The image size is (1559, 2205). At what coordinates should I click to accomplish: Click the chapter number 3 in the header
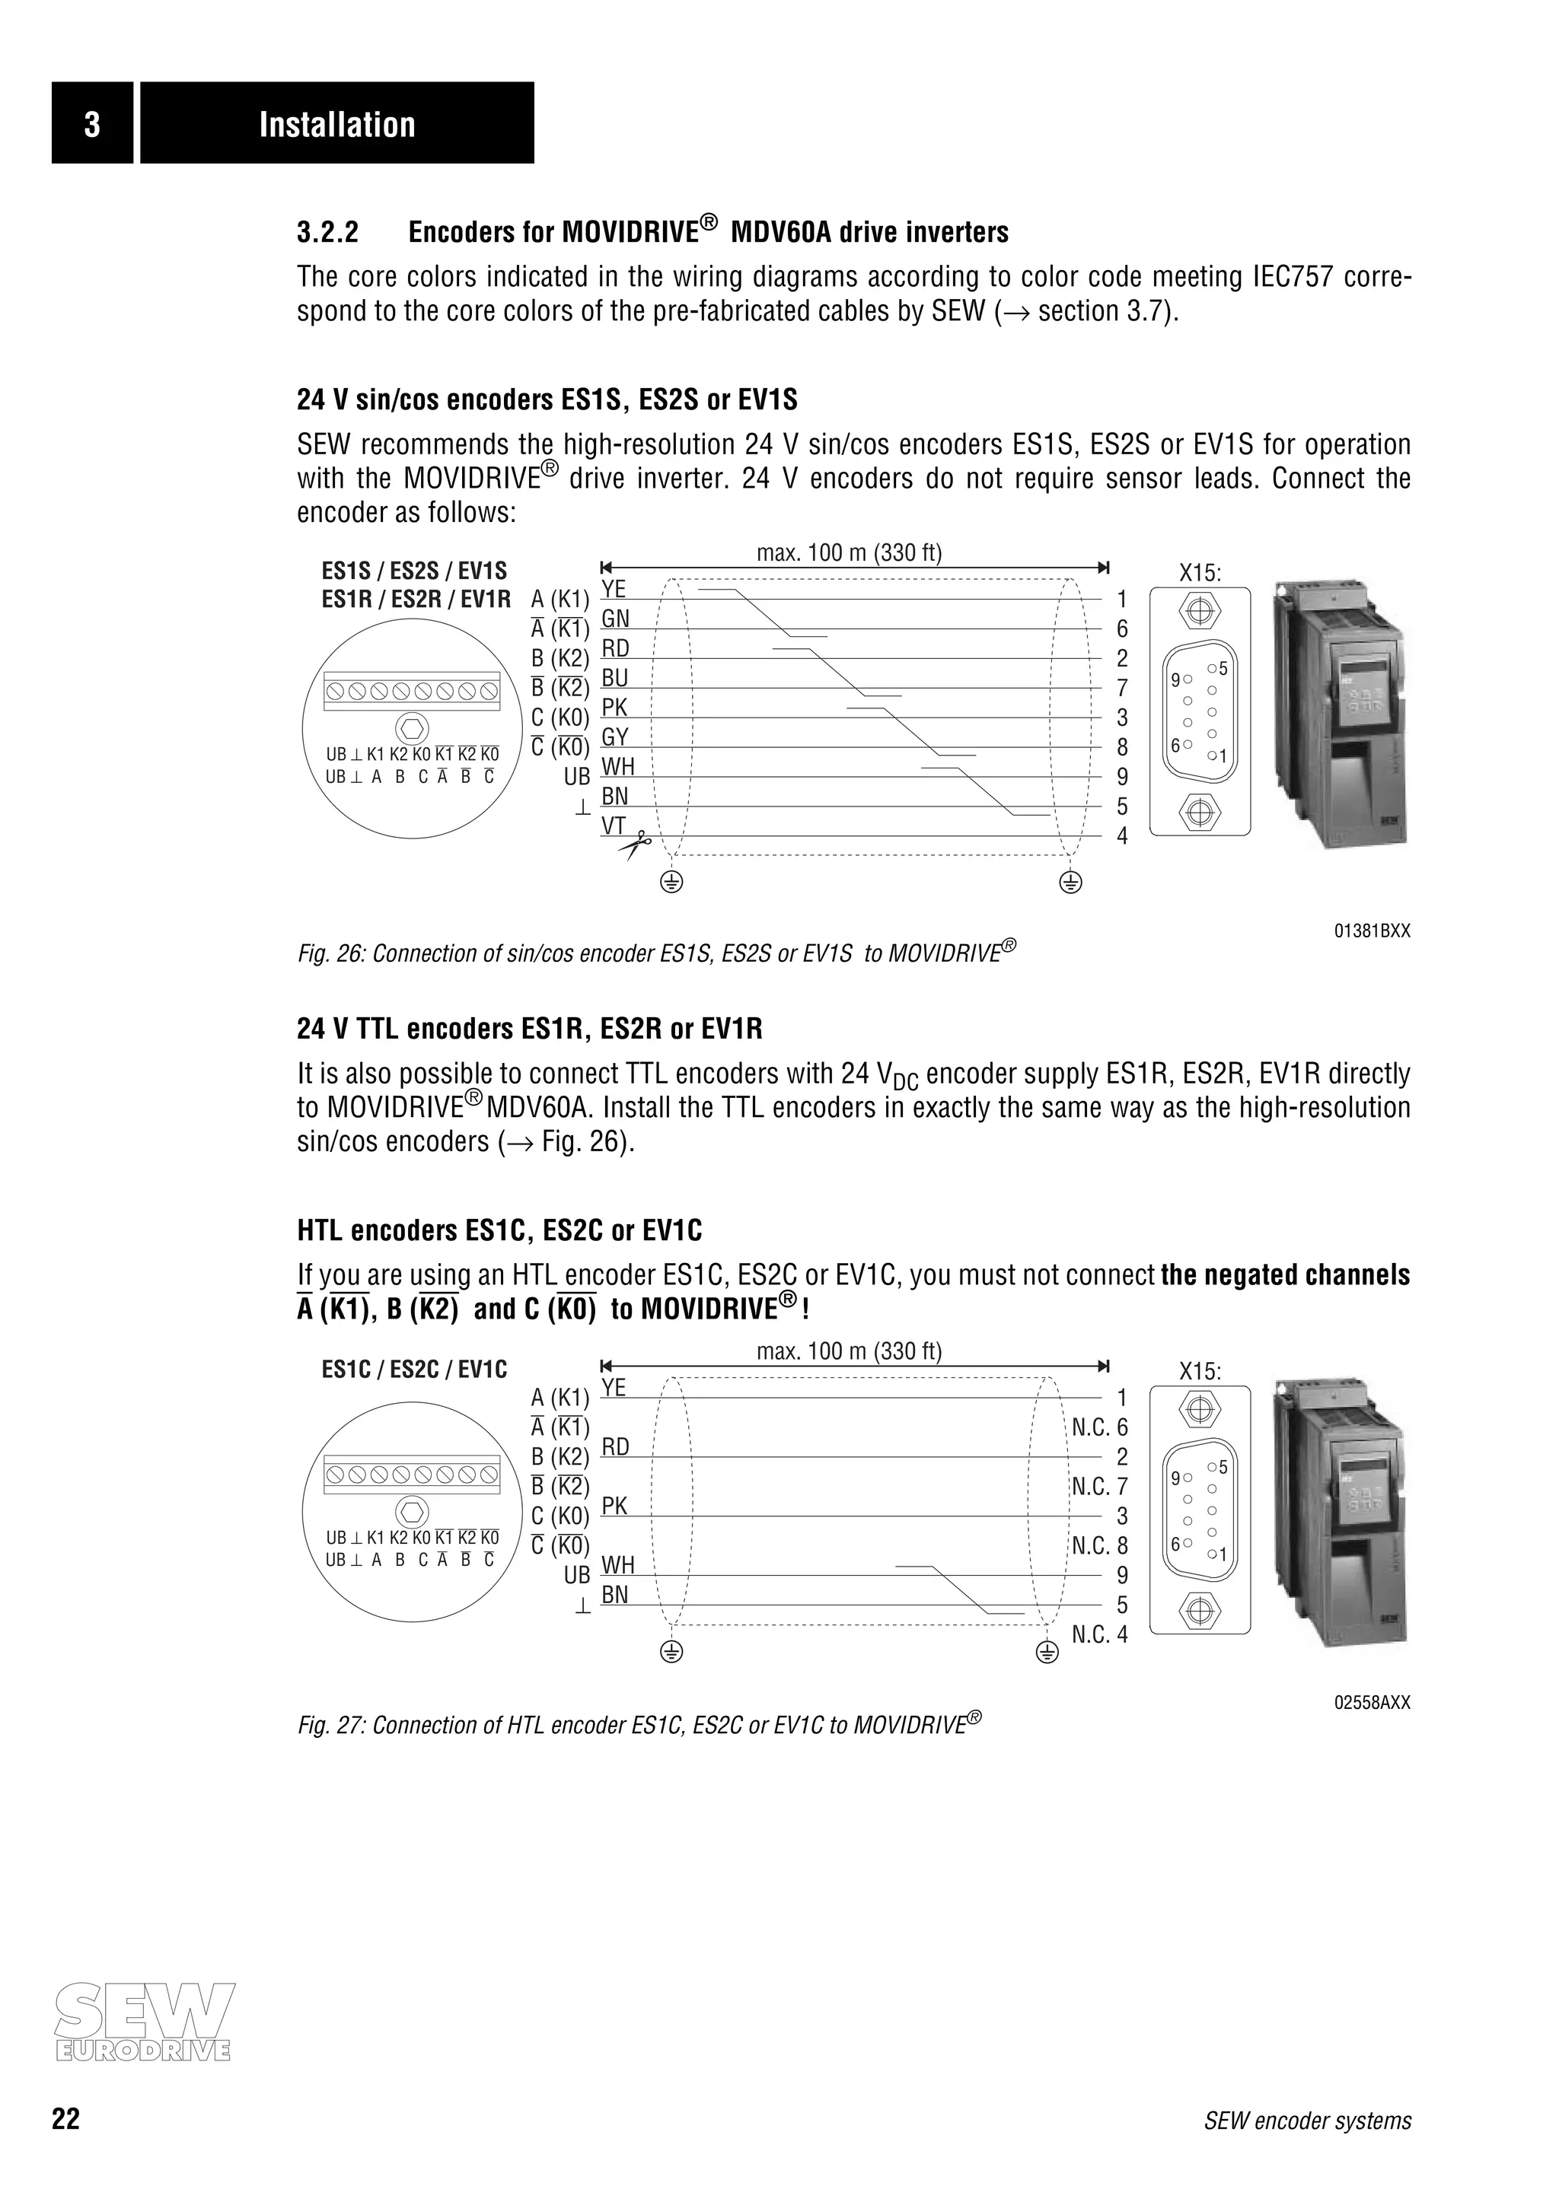91,124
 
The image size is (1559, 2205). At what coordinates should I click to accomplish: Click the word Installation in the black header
336,124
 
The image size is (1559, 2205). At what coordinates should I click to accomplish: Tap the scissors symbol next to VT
634,846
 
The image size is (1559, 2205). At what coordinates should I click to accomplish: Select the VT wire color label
614,826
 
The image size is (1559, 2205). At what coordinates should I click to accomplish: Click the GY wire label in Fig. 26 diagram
615,737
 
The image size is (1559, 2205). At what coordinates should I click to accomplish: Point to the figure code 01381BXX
1372,931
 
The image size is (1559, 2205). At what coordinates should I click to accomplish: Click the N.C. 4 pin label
1100,1634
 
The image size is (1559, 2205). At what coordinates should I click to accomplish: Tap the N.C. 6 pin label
1100,1427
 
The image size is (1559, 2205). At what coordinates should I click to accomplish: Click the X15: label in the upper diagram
1200,574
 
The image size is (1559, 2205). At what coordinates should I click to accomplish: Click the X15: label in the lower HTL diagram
1200,1371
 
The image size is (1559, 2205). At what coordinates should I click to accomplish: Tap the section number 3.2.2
327,232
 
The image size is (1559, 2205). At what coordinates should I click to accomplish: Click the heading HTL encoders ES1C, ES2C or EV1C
499,1230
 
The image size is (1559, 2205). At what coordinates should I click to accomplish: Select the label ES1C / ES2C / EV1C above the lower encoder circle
414,1369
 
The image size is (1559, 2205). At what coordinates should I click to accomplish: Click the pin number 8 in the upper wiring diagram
1122,747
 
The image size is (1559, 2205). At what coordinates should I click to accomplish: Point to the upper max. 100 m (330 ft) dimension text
849,552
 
